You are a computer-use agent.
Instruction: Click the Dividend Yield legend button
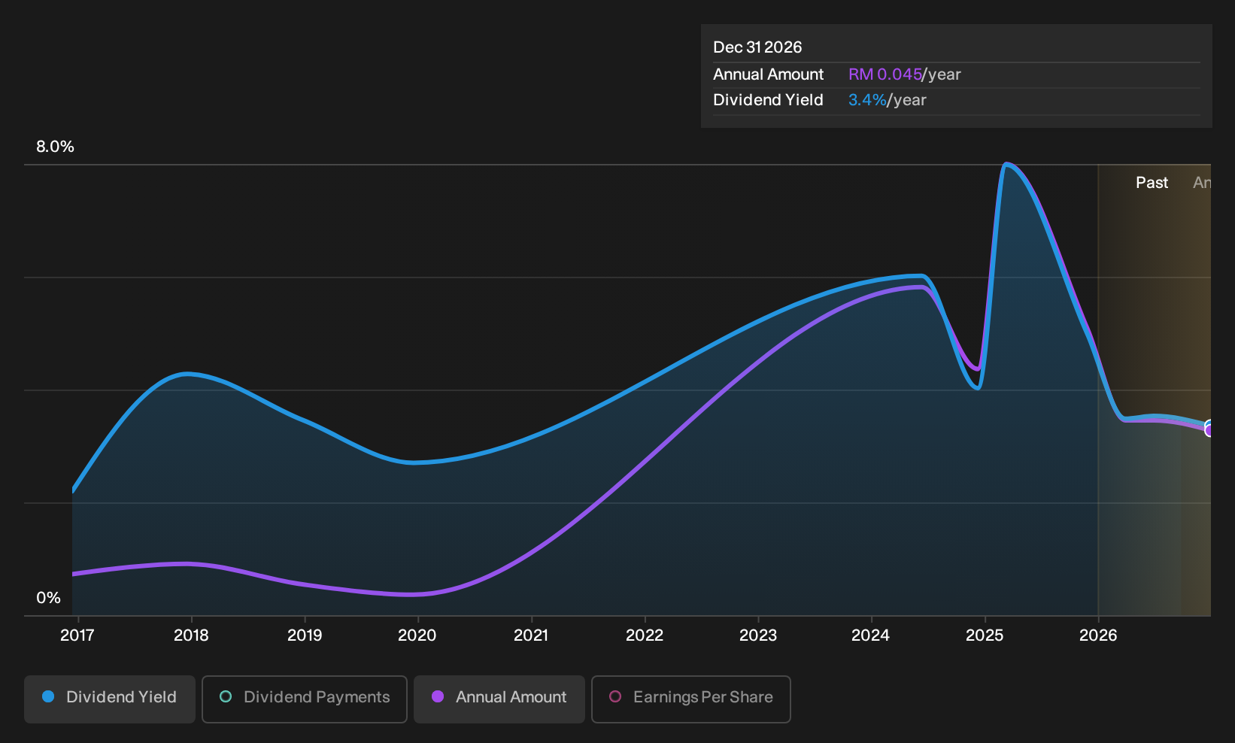click(x=110, y=699)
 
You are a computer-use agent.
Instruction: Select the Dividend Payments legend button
click(x=305, y=699)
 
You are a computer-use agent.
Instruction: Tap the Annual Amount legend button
click(x=499, y=699)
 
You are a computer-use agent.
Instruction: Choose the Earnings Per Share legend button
click(x=690, y=699)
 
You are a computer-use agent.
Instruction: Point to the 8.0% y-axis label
click(x=55, y=147)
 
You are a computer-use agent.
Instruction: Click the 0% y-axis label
click(x=49, y=598)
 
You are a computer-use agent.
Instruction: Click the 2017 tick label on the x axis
click(x=77, y=635)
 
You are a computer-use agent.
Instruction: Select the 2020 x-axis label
click(x=417, y=635)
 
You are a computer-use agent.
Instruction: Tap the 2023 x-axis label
click(x=758, y=635)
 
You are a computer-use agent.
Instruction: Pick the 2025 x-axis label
click(x=985, y=635)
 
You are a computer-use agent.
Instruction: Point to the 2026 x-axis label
click(x=1098, y=635)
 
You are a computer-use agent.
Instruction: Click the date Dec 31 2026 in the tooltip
click(x=757, y=47)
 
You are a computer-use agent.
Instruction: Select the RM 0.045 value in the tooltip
click(x=885, y=74)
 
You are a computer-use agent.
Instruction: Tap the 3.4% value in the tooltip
click(x=867, y=100)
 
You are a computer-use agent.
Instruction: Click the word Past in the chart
click(x=1152, y=183)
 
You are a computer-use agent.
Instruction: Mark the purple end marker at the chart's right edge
click(x=1209, y=430)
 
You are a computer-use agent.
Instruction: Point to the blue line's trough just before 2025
click(x=977, y=388)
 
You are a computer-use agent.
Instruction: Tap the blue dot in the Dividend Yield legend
click(x=49, y=696)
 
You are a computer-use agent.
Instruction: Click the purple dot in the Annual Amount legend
click(x=438, y=696)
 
